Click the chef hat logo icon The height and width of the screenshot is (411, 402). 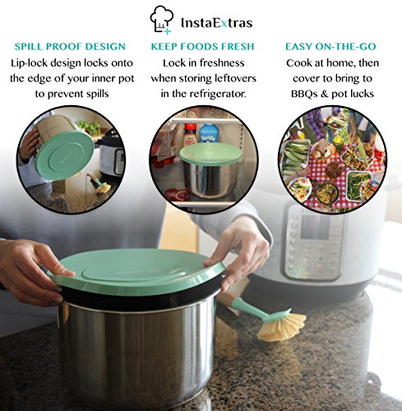coord(161,18)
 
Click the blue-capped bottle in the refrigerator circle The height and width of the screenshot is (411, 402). coord(208,132)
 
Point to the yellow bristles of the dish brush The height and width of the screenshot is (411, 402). coord(283,325)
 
